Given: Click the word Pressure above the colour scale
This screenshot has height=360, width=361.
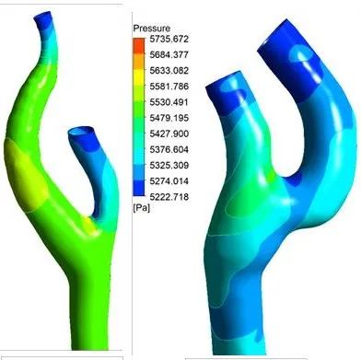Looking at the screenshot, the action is (152, 29).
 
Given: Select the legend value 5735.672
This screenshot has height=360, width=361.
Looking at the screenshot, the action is (169, 40).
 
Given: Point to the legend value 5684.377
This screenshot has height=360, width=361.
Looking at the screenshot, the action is (169, 55).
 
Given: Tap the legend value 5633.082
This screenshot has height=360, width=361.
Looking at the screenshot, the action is (169, 71).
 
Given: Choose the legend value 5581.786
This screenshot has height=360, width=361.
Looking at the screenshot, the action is (169, 87).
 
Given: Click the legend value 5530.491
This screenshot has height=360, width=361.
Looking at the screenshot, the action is (169, 102).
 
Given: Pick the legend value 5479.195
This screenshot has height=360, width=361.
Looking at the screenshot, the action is (169, 118).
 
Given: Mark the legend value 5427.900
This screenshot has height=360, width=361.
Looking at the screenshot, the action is (169, 134).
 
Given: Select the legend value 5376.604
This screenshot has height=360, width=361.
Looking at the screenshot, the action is (169, 150).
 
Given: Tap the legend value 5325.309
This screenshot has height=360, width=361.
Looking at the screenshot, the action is (169, 166).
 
